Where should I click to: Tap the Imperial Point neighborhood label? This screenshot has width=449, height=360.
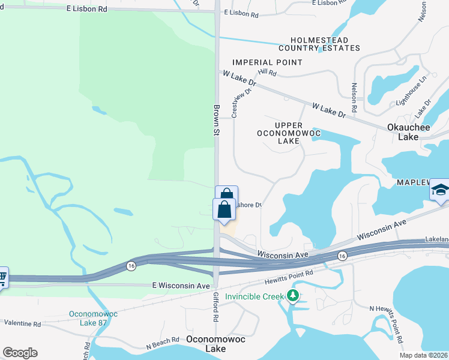(x=267, y=62)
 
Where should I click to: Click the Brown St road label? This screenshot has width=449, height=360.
(x=217, y=119)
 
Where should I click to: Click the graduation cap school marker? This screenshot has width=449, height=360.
(x=439, y=191)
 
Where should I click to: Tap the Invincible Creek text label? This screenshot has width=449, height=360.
(x=255, y=296)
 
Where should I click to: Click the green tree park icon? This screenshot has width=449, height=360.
(x=292, y=295)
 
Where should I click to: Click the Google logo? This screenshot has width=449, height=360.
(x=20, y=353)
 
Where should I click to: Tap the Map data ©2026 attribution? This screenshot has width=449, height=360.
(x=424, y=355)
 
